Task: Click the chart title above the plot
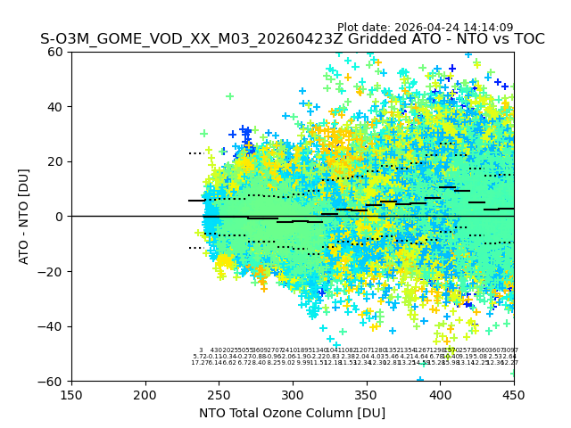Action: (x=292, y=39)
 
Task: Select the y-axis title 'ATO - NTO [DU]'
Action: (x=24, y=216)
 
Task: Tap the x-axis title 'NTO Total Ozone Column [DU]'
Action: (x=292, y=413)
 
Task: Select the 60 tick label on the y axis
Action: (x=56, y=52)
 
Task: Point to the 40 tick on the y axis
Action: (x=56, y=107)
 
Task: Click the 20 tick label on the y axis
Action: (x=56, y=161)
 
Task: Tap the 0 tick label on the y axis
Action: (x=60, y=217)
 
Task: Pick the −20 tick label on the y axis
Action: (x=53, y=271)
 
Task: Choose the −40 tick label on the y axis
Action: (x=53, y=326)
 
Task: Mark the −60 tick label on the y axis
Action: (x=53, y=381)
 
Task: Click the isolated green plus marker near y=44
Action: (x=229, y=96)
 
